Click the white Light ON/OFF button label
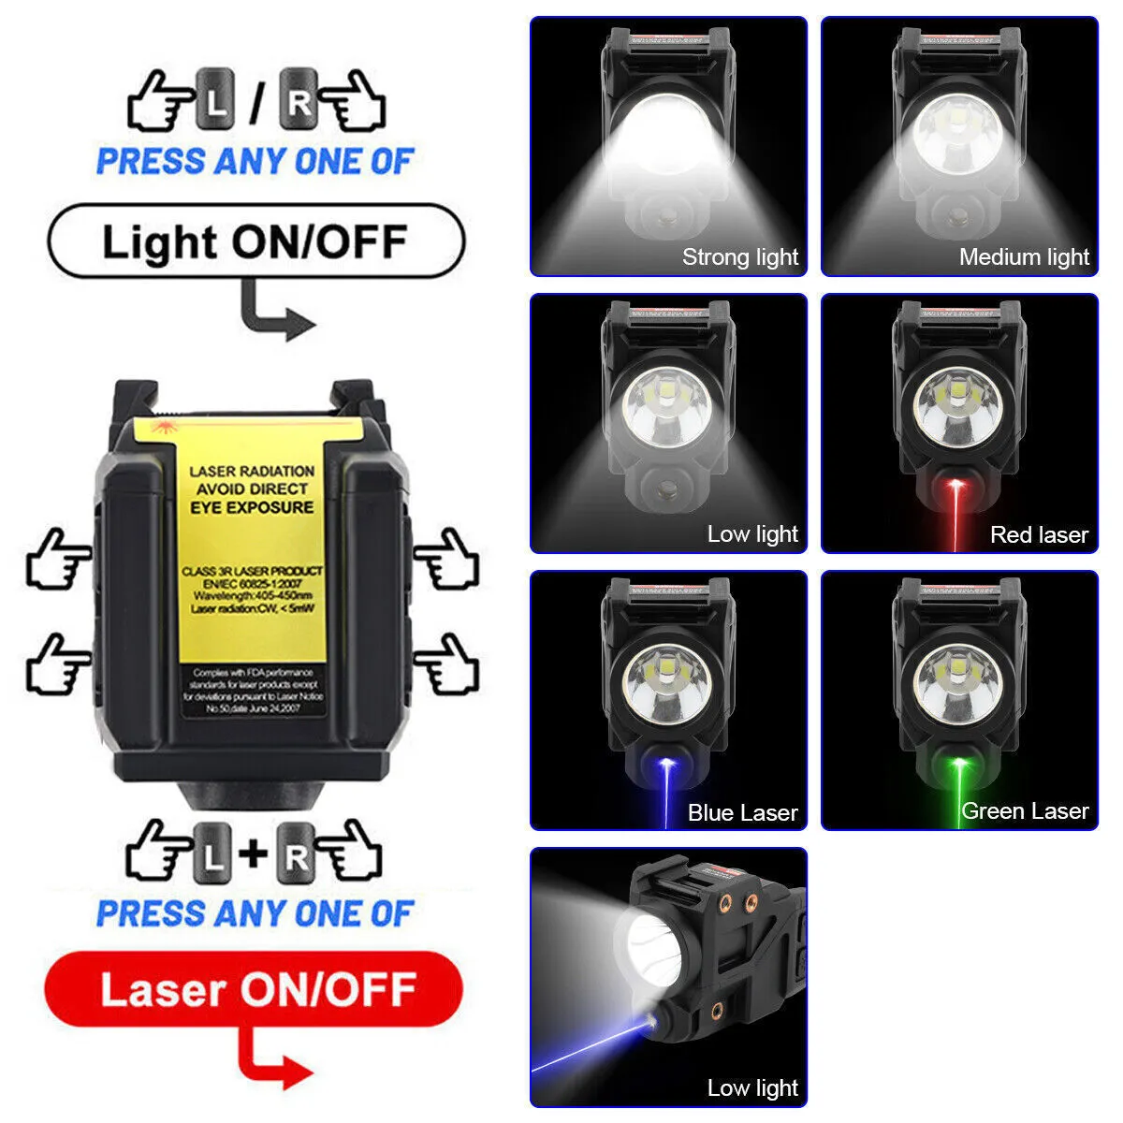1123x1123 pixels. pyautogui.click(x=255, y=241)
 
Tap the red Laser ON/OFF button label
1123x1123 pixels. pyautogui.click(x=255, y=990)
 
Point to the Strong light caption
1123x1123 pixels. pyautogui.click(x=739, y=256)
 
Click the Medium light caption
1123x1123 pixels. pyautogui.click(x=1024, y=256)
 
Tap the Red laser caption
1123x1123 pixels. pyautogui.click(x=1039, y=534)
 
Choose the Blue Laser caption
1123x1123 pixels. pyautogui.click(x=742, y=812)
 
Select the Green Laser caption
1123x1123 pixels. pyautogui.click(x=1025, y=810)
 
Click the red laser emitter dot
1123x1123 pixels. pyautogui.click(x=955, y=485)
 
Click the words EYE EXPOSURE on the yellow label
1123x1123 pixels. pyautogui.click(x=252, y=507)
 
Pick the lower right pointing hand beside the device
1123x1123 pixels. pyautogui.click(x=447, y=664)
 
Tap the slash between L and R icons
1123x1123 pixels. pyautogui.click(x=255, y=103)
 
